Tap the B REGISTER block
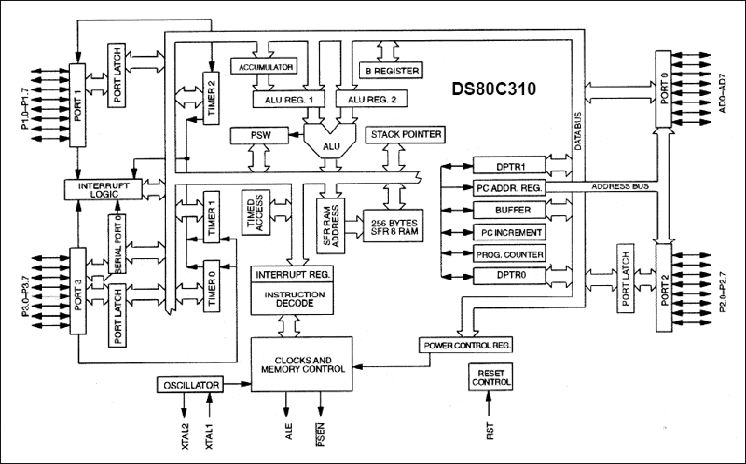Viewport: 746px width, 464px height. (x=391, y=70)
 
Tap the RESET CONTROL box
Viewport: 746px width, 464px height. (x=490, y=376)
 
